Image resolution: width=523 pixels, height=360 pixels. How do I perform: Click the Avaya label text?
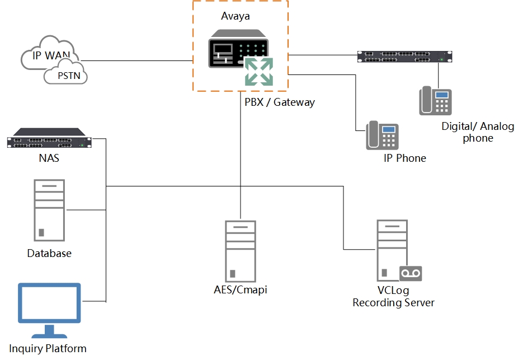click(x=235, y=16)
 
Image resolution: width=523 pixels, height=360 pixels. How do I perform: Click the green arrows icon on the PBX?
click(x=258, y=71)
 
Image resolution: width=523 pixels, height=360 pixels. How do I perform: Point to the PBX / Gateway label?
click(x=279, y=102)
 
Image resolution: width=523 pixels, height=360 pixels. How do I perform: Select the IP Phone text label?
click(x=404, y=158)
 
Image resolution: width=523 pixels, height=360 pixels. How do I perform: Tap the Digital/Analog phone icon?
click(x=436, y=101)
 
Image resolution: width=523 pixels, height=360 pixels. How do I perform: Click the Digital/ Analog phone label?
click(x=477, y=132)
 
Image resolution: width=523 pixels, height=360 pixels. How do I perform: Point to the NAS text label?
click(x=49, y=158)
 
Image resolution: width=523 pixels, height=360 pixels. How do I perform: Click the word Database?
click(x=49, y=253)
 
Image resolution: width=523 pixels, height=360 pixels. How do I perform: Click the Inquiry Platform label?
click(x=48, y=348)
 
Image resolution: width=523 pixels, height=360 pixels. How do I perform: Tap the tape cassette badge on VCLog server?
click(x=411, y=273)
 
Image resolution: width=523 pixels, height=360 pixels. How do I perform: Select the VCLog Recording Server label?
click(x=393, y=297)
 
